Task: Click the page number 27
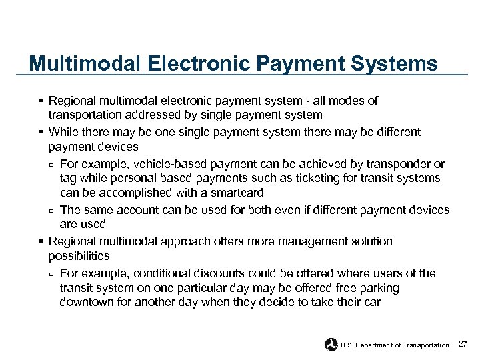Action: click(x=464, y=344)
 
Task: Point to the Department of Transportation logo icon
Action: click(x=331, y=344)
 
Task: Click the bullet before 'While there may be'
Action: click(x=41, y=132)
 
